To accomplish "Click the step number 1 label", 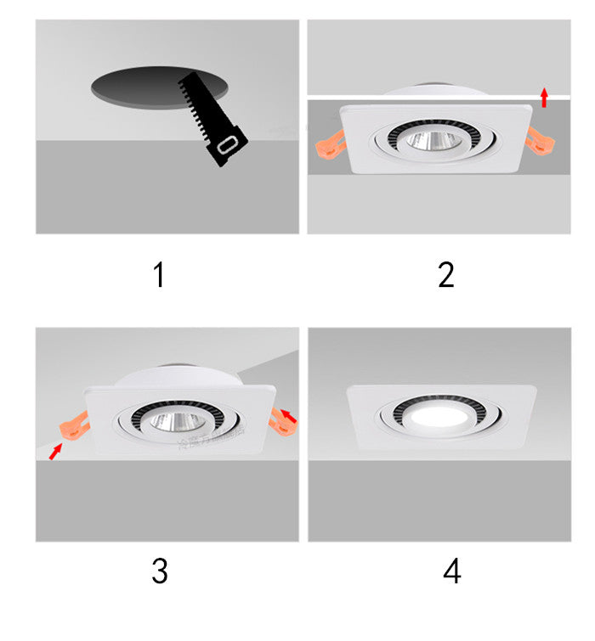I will (158, 275).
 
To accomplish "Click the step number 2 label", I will (446, 275).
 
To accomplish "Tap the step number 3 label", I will (160, 571).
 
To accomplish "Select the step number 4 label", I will (451, 571).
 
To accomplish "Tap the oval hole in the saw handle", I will (227, 149).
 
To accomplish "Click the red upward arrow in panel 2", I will (544, 96).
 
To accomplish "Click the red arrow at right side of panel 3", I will (289, 416).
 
